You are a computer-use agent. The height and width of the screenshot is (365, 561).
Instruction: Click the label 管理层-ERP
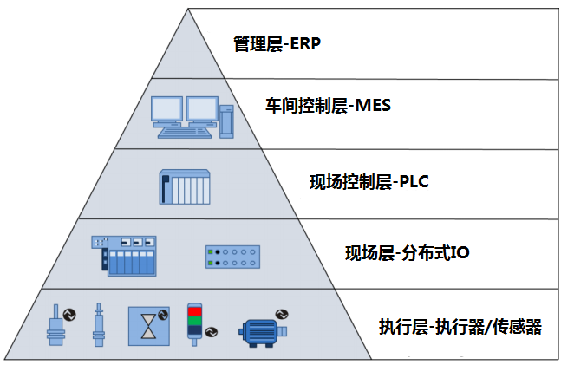coord(277,42)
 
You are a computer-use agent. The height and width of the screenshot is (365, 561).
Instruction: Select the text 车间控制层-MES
coord(329,106)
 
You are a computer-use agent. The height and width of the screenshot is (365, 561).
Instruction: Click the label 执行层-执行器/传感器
coord(460,327)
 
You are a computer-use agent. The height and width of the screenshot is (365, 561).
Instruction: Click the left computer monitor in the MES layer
coord(166,109)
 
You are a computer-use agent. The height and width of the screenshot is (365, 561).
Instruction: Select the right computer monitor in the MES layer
coord(201,109)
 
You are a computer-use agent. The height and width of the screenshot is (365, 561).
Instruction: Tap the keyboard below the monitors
coord(184,132)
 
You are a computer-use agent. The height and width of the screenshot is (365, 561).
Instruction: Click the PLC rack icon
coord(185,186)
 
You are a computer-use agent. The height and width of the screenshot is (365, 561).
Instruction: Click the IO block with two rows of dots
coord(232,255)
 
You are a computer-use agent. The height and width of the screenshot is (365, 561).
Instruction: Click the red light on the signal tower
coord(194,310)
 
